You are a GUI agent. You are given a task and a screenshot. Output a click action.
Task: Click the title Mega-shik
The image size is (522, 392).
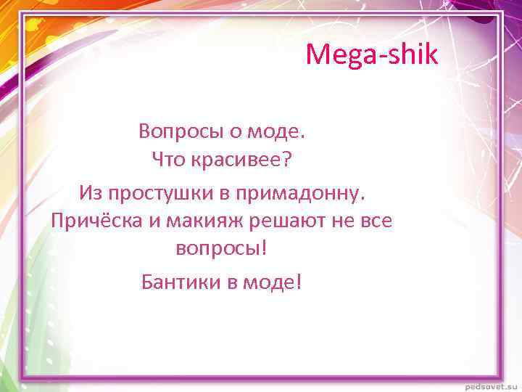tap(372, 54)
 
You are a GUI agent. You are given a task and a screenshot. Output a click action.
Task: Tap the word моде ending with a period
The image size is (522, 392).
tap(277, 132)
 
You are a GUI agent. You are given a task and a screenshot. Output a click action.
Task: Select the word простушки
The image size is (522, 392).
tap(160, 193)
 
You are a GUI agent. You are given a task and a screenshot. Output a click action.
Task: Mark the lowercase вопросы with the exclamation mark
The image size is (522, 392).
tap(222, 249)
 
